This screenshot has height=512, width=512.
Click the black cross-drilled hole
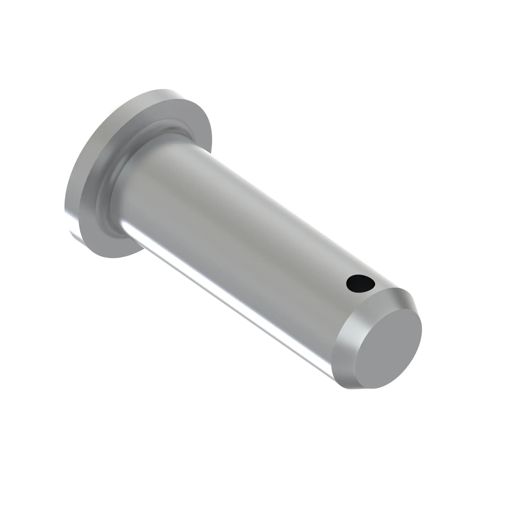(361, 283)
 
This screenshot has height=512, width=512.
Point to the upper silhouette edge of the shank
(292, 212)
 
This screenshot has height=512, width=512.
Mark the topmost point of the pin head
(164, 89)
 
